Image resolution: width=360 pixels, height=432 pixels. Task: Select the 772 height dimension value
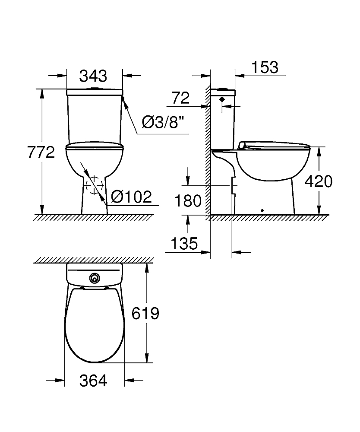(x=41, y=152)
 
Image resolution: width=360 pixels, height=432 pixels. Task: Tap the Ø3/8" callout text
(x=163, y=122)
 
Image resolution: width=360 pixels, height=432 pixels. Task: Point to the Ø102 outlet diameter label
(x=132, y=197)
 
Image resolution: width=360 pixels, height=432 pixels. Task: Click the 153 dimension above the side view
(x=265, y=67)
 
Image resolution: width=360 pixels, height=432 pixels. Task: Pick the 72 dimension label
(x=180, y=98)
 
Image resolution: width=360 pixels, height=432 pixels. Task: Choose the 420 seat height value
(x=319, y=181)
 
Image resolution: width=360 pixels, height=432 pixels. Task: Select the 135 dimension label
(x=184, y=244)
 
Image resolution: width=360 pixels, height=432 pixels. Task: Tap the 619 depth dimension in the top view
(x=145, y=313)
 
